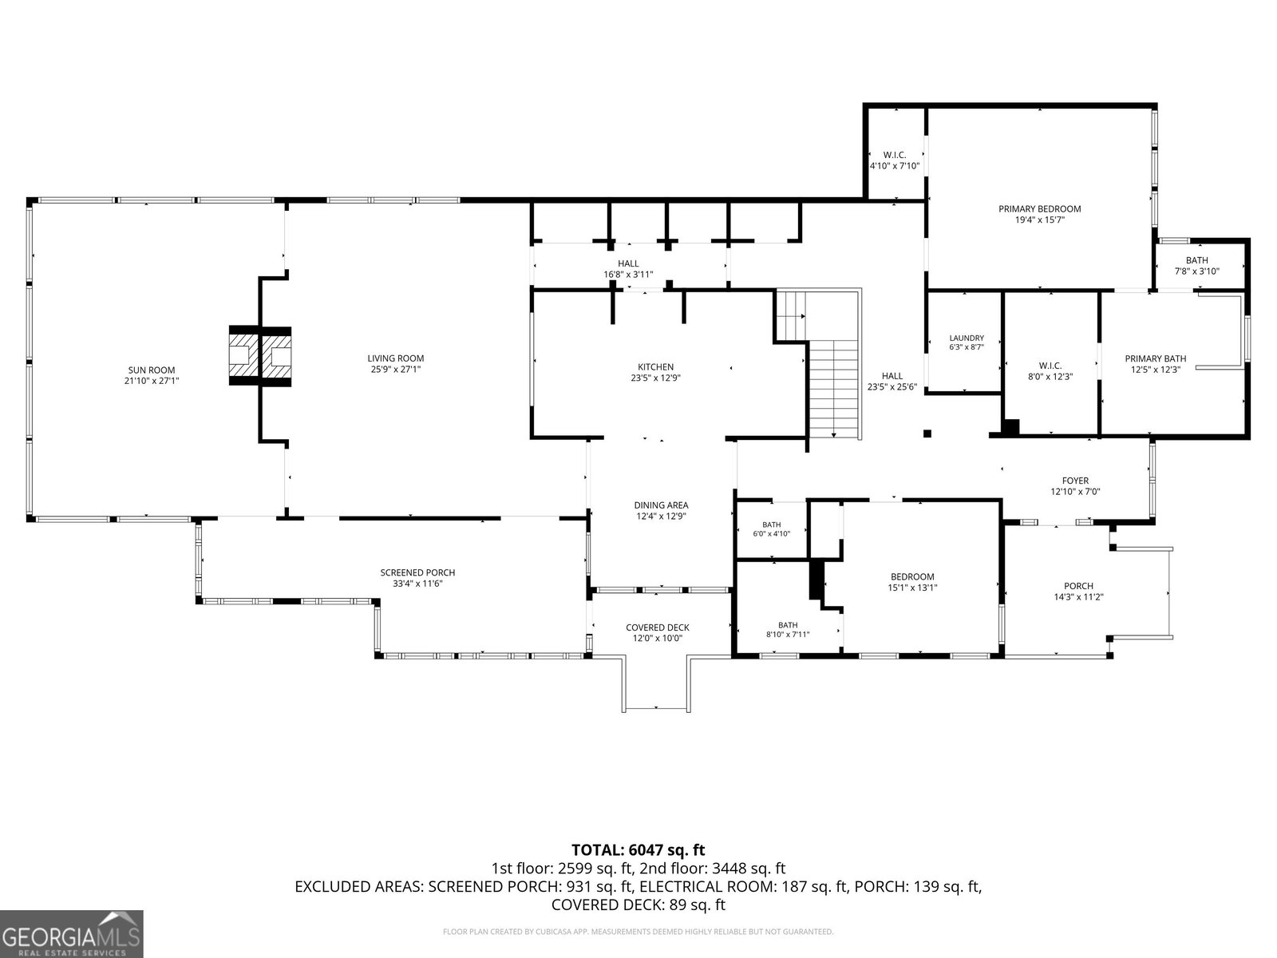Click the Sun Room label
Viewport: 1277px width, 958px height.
152,370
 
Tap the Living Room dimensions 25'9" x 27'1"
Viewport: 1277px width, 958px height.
396,370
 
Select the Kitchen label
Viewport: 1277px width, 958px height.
656,367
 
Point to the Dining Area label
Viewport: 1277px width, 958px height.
661,505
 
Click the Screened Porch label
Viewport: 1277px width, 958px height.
417,573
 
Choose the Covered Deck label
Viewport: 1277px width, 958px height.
658,627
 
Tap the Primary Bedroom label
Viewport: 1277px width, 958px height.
1040,209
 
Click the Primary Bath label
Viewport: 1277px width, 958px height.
1156,359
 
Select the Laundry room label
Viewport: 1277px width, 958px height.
967,338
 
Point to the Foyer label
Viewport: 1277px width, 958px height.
1075,481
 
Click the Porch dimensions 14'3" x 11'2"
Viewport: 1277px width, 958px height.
1078,597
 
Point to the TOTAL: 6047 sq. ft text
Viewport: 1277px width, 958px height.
638,850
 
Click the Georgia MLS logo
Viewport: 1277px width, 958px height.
72,933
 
